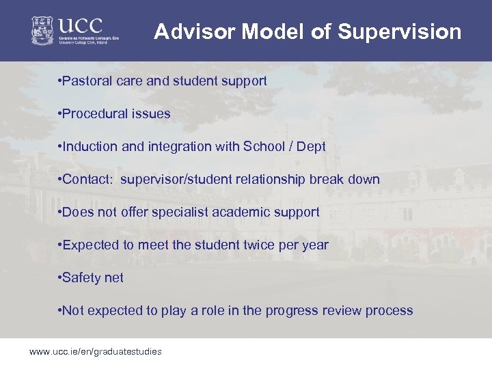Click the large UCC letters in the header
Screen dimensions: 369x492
tap(80, 26)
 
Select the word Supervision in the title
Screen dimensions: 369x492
tap(399, 32)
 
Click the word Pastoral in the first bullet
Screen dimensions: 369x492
tap(85, 81)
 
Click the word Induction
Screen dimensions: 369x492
tap(89, 147)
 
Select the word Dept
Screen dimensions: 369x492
tap(312, 147)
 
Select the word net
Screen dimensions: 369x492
tap(114, 278)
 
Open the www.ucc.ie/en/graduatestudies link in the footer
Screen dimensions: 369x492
tap(95, 352)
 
